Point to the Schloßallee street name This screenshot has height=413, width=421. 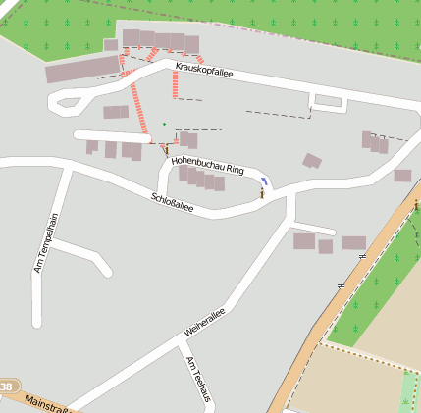pyautogui.click(x=173, y=202)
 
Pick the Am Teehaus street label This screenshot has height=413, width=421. pyautogui.click(x=197, y=378)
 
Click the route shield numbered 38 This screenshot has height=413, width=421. pyautogui.click(x=7, y=387)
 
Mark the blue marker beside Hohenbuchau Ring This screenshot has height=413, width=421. pyautogui.click(x=264, y=181)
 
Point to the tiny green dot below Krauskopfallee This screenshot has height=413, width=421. pyautogui.click(x=164, y=124)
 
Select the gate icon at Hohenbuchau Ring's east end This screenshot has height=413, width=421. pyautogui.click(x=262, y=195)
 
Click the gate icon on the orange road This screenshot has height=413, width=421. pyautogui.click(x=415, y=206)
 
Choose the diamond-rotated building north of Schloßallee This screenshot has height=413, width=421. pyautogui.click(x=312, y=161)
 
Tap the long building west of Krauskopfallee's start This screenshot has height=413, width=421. pyautogui.click(x=82, y=70)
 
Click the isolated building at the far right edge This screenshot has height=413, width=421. pyautogui.click(x=402, y=176)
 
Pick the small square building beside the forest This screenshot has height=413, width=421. pyautogui.click(x=111, y=45)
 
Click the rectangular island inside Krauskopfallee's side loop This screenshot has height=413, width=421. pyautogui.click(x=328, y=100)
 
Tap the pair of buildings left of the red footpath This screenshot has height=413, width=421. pyautogui.click(x=116, y=112)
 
